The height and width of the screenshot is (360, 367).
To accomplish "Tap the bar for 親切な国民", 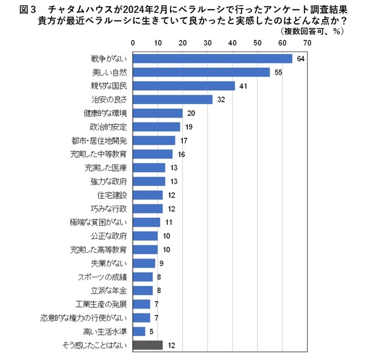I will [184, 86].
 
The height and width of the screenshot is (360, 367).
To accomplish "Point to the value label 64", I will [300, 59].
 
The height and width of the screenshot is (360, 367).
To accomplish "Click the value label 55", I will [278, 72].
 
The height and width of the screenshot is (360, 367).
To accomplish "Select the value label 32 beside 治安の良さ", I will [221, 99].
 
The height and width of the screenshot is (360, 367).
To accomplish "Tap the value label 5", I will [151, 331].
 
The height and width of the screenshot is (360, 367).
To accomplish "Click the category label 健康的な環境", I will [104, 113].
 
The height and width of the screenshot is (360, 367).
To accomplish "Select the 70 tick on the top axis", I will [307, 43].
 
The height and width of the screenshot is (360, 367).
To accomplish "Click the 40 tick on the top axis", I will [232, 43].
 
